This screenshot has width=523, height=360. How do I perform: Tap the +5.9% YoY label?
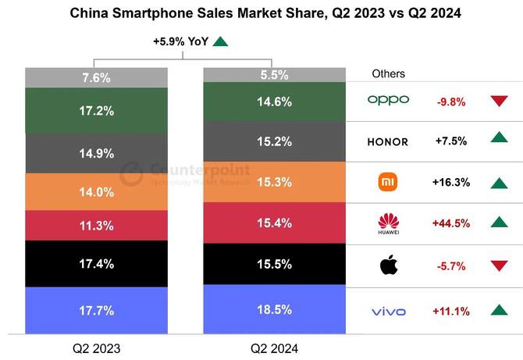(x=180, y=42)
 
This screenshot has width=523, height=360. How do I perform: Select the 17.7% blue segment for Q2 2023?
(x=96, y=311)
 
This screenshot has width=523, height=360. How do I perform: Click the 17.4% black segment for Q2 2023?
(x=96, y=264)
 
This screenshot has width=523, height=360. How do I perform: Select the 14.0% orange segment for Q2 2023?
(x=96, y=191)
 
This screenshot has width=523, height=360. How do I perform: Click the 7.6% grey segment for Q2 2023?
(x=96, y=77)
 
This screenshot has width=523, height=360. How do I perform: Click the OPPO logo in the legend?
(x=388, y=100)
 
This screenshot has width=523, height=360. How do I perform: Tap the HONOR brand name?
(x=388, y=141)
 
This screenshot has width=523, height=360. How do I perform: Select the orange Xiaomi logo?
(x=388, y=182)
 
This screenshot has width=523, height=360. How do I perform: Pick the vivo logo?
(x=388, y=312)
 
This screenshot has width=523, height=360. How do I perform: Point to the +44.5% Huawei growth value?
(x=450, y=223)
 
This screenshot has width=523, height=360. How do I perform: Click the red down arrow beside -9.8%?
(x=500, y=101)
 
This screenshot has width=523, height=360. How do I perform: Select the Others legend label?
(x=388, y=73)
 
